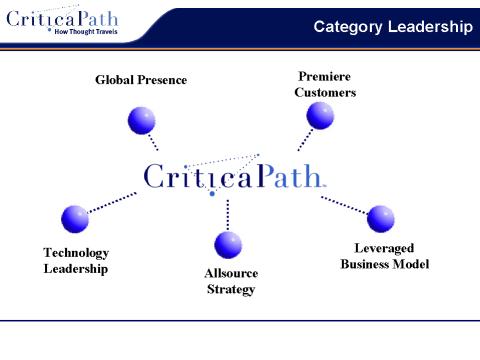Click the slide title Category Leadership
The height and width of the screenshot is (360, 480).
[x=392, y=26]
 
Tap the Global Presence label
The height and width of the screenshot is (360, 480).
[x=141, y=79]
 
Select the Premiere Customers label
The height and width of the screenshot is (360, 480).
[x=325, y=85]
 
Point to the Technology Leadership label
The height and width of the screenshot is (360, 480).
[x=76, y=261]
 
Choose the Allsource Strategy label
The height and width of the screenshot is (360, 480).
[x=231, y=281]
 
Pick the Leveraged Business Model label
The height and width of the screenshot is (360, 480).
[x=384, y=256]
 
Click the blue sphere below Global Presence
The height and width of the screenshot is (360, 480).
[x=142, y=120]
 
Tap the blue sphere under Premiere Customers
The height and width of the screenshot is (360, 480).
[x=320, y=116]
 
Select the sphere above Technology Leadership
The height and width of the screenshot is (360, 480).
[x=75, y=218]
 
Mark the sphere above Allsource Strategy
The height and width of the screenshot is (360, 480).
[x=229, y=244]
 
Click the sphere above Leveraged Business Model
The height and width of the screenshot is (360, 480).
[x=381, y=217]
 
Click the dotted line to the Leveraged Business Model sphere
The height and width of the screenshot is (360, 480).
[x=344, y=204]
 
